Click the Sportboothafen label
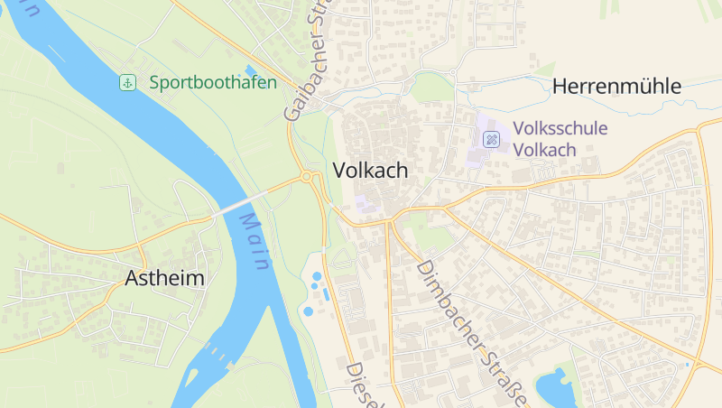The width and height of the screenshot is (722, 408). click(x=213, y=83)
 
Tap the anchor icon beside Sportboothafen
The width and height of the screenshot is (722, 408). click(x=127, y=83)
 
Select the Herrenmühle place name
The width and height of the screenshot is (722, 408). click(x=616, y=87)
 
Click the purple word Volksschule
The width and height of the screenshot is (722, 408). click(x=560, y=129)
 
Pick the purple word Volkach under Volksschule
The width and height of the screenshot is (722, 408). click(x=544, y=150)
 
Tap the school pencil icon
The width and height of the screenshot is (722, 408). click(x=492, y=139)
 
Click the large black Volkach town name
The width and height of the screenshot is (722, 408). click(x=370, y=171)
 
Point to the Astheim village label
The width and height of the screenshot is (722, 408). click(x=164, y=278)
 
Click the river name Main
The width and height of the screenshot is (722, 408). click(x=255, y=243)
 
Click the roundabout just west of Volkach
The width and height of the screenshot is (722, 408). click(x=308, y=177)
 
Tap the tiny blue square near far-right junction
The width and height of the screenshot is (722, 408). click(x=687, y=364)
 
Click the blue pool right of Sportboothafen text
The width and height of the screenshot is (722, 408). click(x=250, y=70)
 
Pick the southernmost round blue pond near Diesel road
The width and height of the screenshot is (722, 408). click(x=309, y=311)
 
